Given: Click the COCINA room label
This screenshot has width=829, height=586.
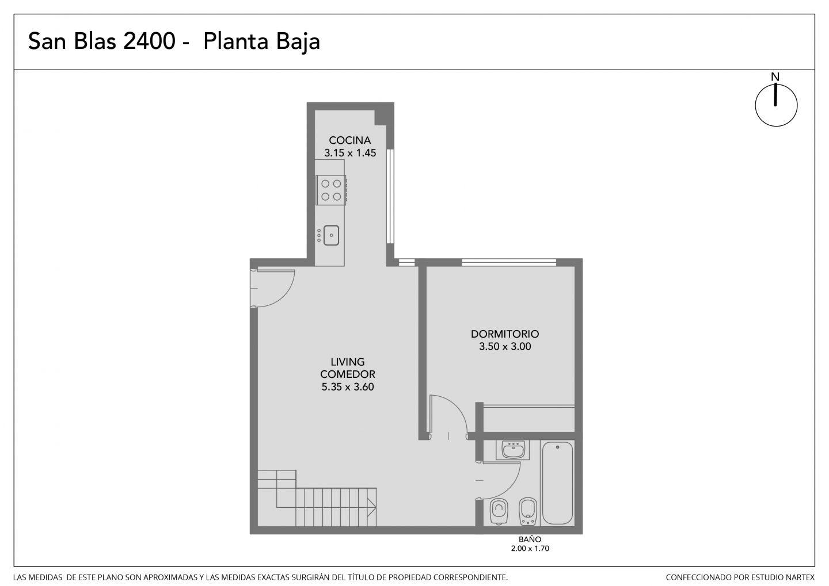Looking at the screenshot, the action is [350, 140].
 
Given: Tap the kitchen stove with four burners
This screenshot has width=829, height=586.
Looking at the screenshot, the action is [331, 190].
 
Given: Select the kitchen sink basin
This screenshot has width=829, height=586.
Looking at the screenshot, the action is [331, 236].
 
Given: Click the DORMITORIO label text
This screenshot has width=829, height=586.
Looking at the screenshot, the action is [505, 334].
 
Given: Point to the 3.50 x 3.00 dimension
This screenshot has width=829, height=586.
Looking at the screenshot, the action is [505, 346].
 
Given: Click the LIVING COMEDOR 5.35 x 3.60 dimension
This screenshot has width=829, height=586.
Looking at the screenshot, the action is [348, 386].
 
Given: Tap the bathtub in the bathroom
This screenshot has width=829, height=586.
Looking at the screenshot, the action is [557, 483].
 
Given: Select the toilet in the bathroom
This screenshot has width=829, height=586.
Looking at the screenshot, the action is [499, 511].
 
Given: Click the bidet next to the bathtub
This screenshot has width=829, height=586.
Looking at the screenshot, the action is [528, 511].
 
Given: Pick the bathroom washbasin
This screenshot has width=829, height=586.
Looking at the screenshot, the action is [513, 450].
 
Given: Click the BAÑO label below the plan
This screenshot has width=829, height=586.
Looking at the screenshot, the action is [530, 539].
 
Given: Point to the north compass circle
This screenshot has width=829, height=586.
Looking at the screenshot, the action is [776, 105].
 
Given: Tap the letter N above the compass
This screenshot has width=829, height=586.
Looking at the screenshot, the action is [775, 77].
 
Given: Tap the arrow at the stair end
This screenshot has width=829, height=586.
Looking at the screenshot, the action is [371, 507].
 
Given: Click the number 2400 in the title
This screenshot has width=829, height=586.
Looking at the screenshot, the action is [149, 41].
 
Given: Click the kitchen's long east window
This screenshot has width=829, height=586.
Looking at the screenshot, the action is [390, 196].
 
